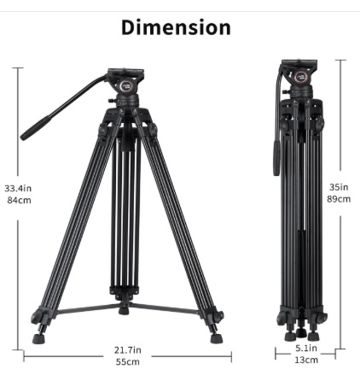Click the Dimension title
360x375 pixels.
click(x=176, y=27)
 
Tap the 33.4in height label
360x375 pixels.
click(x=18, y=188)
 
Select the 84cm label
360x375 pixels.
click(x=19, y=200)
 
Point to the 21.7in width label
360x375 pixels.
click(x=128, y=350)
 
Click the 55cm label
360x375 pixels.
click(x=128, y=362)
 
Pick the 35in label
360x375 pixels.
click(x=339, y=187)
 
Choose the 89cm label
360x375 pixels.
click(x=339, y=199)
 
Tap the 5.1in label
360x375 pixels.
click(x=306, y=348)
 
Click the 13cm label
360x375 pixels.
click(x=306, y=360)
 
